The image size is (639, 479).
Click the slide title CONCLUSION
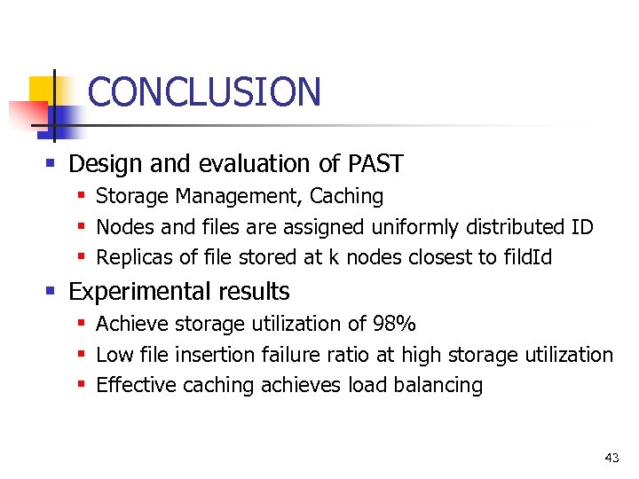tap(204, 92)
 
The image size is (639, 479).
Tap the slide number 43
tap(611, 458)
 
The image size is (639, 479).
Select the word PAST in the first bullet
tap(376, 164)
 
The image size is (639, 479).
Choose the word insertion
tap(216, 355)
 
